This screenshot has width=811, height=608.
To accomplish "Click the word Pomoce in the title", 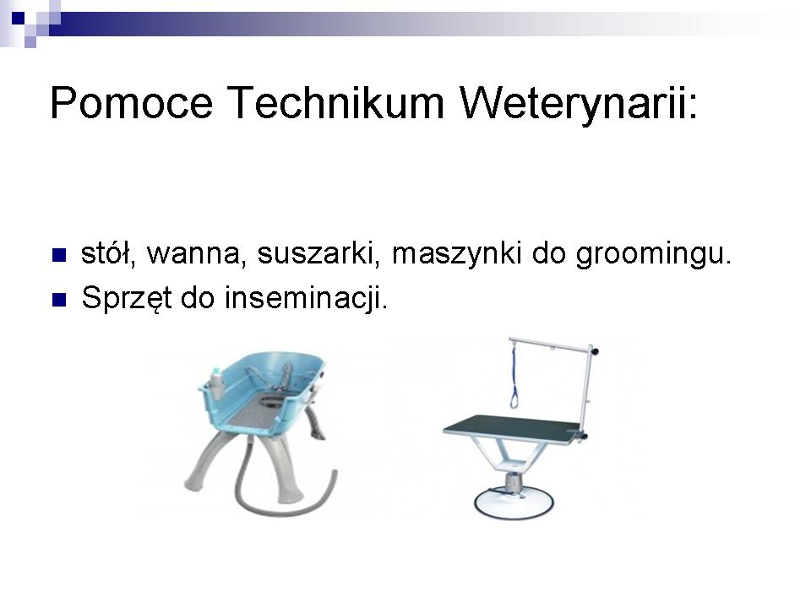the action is (x=132, y=102).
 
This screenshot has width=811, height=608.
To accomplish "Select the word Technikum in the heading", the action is (x=335, y=102).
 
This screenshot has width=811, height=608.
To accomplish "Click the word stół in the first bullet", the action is (x=108, y=252).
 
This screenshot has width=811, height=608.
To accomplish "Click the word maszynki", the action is (x=456, y=254).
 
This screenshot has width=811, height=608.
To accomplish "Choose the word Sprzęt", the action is (x=126, y=299).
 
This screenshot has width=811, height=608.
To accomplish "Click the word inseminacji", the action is (x=306, y=299).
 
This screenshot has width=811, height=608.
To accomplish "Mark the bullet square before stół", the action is (x=59, y=255).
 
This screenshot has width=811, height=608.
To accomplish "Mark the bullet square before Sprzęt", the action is (x=59, y=300).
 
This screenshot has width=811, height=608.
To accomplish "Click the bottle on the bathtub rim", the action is (x=216, y=383).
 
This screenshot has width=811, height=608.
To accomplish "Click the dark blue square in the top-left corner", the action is (x=18, y=18).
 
